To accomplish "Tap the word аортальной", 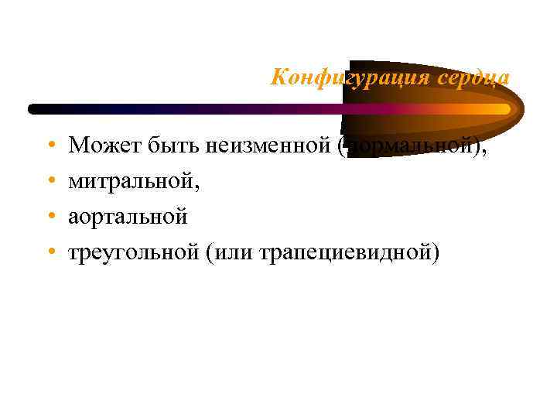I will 128,217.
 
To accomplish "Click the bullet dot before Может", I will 50,146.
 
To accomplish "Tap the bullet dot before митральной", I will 50,181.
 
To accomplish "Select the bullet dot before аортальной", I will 50,218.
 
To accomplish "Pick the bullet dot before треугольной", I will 50,253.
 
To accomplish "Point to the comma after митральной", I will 208,186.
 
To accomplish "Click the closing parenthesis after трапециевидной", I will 436,253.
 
